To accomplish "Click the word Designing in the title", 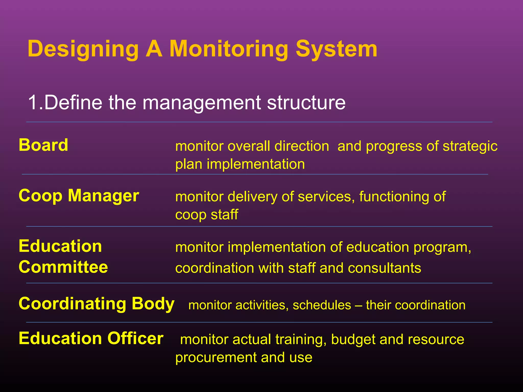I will (83, 49).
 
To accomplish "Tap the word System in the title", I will (336, 49).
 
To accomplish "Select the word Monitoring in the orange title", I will (229, 49).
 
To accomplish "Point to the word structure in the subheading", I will (306, 102).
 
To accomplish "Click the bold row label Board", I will (43, 145).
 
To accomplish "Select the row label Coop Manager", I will (79, 196).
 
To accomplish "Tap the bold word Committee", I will (63, 267).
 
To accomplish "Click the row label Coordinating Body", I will (97, 304).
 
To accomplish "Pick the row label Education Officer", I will (91, 338).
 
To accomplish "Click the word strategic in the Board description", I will (470, 146).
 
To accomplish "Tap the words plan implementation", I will (240, 164).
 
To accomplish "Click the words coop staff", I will (207, 214).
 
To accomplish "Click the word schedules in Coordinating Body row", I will (322, 305).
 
